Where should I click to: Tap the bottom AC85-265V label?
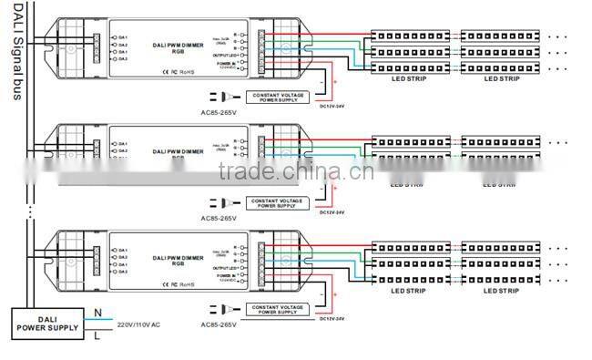(x=219, y=325)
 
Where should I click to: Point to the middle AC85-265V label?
(x=219, y=219)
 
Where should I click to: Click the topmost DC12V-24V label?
(x=333, y=106)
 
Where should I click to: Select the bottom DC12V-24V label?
(x=333, y=319)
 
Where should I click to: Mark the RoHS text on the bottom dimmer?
(x=187, y=284)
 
